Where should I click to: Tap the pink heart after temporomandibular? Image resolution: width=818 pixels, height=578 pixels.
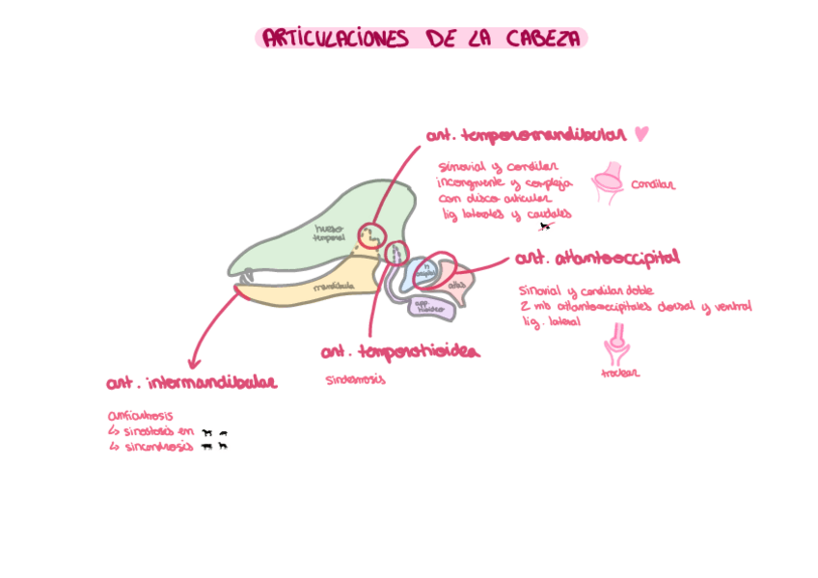[642, 134]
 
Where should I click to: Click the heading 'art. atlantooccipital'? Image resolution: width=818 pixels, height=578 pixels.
[597, 259]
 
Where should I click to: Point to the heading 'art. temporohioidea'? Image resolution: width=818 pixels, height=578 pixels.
[399, 352]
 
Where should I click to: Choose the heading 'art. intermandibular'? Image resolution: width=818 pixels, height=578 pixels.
[191, 383]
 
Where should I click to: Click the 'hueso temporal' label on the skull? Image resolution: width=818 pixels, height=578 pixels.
[329, 233]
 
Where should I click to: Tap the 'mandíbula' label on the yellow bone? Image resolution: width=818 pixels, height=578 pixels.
[335, 287]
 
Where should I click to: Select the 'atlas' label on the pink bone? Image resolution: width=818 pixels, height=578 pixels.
[458, 284]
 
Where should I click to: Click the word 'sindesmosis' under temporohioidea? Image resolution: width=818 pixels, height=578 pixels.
[355, 379]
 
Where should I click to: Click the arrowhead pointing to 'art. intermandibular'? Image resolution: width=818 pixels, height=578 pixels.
[194, 363]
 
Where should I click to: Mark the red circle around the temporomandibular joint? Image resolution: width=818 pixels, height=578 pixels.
[371, 234]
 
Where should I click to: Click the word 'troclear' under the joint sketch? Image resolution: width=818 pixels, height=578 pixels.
[619, 373]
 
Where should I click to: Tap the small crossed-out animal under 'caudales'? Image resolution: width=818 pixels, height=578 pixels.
[545, 227]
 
